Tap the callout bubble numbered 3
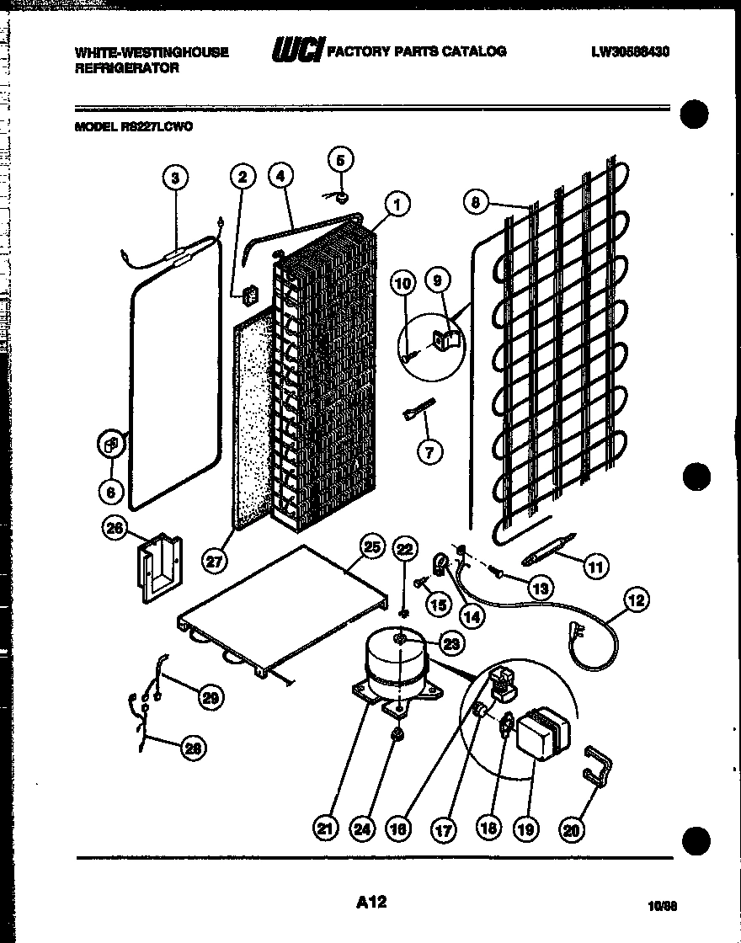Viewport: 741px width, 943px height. coord(174,177)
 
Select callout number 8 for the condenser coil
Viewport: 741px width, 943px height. coord(476,202)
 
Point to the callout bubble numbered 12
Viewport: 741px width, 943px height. coord(637,600)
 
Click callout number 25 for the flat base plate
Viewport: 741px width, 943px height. coord(373,546)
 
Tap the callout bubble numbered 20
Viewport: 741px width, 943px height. coord(572,829)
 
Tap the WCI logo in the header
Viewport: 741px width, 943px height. coord(296,52)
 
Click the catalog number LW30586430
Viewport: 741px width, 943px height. coord(630,52)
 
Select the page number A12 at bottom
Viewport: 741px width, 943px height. coord(370,902)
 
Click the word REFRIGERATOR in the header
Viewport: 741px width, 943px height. coord(127,68)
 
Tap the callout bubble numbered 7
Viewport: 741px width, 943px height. coord(429,451)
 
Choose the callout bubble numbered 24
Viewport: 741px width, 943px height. coord(362,829)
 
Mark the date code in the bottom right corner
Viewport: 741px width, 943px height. coord(664,907)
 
